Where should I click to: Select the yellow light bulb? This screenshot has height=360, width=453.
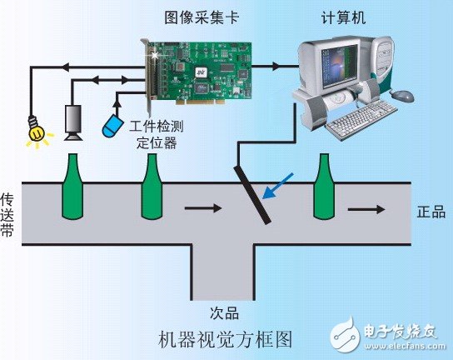click(x=35, y=132)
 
